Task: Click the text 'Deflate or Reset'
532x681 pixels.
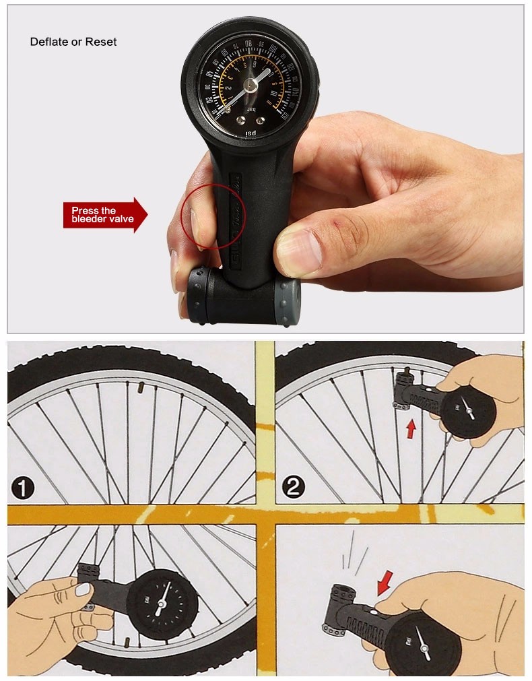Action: click(73, 42)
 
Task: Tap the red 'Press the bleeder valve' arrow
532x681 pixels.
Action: click(104, 215)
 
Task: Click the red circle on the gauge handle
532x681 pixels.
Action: click(213, 216)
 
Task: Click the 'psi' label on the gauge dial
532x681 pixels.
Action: click(251, 133)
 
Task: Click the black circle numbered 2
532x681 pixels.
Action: click(293, 487)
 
